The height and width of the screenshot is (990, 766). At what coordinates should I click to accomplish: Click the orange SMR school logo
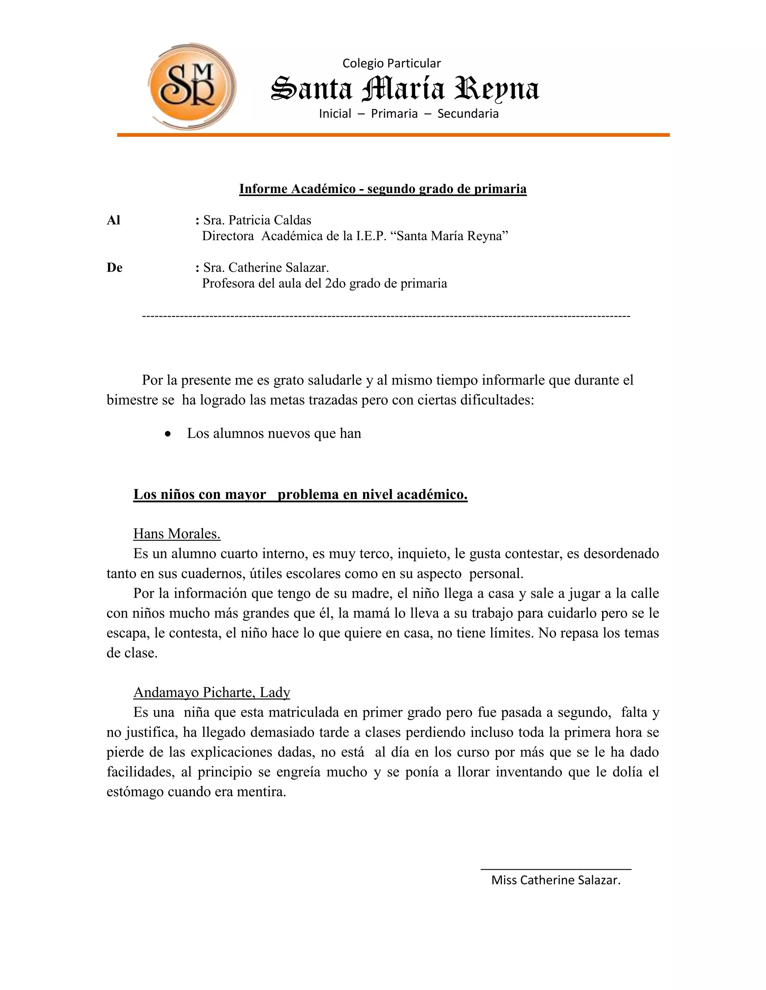(x=191, y=86)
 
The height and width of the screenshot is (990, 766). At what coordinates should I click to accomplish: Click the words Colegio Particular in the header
(x=391, y=64)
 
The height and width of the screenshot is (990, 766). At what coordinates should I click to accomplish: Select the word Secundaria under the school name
(x=468, y=114)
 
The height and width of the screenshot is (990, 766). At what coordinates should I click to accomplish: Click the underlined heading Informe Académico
(x=383, y=189)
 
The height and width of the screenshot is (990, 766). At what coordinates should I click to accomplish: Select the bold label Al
(x=113, y=220)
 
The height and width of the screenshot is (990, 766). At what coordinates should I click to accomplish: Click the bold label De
(x=114, y=268)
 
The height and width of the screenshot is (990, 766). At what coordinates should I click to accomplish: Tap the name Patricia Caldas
(x=270, y=220)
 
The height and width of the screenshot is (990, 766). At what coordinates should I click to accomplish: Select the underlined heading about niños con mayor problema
(x=300, y=494)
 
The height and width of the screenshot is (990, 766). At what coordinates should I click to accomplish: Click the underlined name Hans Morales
(x=177, y=533)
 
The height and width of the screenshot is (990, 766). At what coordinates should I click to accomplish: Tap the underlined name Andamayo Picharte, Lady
(x=211, y=692)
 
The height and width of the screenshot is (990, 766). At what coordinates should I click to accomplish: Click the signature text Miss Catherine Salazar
(x=555, y=880)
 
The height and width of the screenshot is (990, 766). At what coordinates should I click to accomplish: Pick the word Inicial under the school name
(x=335, y=114)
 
